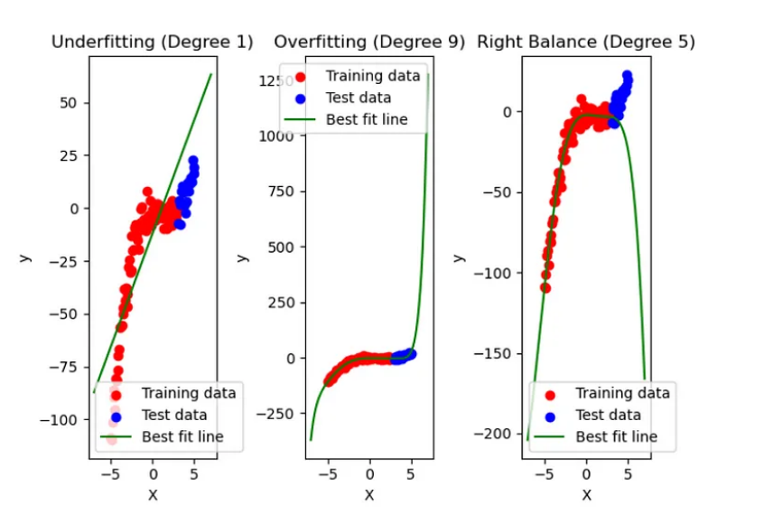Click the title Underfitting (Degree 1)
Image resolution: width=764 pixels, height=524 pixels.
point(152,42)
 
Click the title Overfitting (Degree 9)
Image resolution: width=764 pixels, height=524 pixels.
point(369,42)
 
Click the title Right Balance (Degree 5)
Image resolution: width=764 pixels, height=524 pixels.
point(586,42)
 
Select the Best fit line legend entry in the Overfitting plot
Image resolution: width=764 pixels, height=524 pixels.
point(367,119)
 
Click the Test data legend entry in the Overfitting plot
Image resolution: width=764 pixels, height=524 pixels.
point(359,98)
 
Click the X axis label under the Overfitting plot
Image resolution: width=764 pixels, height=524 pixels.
point(369,494)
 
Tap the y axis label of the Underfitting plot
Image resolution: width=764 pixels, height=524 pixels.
point(26,257)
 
